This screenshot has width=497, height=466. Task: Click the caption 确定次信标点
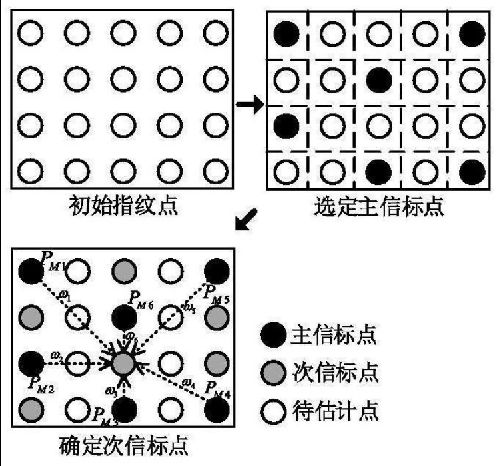[123, 444]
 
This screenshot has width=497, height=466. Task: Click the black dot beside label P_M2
[29, 363]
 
